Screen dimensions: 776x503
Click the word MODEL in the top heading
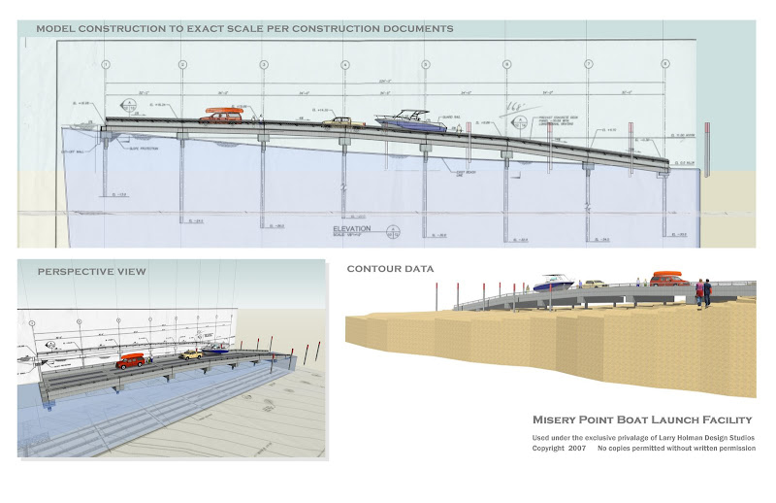tap(57, 29)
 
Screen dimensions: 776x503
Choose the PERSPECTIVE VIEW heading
tap(92, 271)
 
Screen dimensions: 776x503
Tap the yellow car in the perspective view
tap(190, 354)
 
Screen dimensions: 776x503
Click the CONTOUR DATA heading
tap(391, 268)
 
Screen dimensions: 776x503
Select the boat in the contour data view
tap(552, 284)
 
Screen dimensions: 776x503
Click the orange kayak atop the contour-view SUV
tap(667, 275)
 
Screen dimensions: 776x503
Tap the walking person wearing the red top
tap(699, 290)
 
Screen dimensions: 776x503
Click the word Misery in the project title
tap(559, 419)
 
